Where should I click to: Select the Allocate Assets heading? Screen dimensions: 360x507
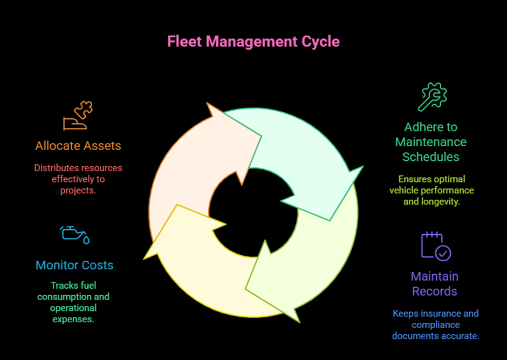pyautogui.click(x=78, y=146)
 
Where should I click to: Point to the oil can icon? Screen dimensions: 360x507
pyautogui.click(x=74, y=234)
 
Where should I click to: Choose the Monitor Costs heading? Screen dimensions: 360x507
pyautogui.click(x=74, y=265)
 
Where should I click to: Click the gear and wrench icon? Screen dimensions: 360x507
pyautogui.click(x=433, y=97)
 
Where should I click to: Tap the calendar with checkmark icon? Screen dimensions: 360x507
pyautogui.click(x=435, y=246)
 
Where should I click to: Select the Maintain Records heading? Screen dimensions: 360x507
pyautogui.click(x=434, y=284)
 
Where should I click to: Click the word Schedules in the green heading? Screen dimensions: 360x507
pyautogui.click(x=431, y=157)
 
